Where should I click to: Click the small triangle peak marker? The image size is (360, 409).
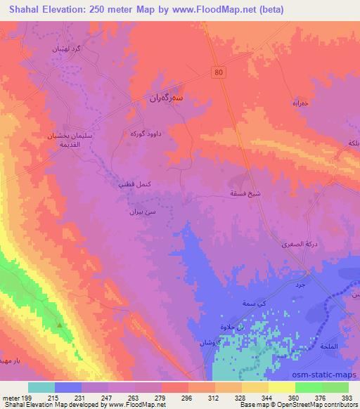(x=60, y=325)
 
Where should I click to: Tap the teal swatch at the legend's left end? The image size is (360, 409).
(x=41, y=387)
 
